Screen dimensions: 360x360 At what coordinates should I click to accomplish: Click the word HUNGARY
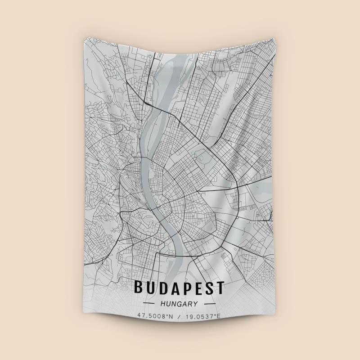pos(179,304)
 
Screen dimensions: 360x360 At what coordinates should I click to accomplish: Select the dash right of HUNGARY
pos(211,304)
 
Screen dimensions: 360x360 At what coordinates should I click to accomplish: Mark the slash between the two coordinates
pos(179,316)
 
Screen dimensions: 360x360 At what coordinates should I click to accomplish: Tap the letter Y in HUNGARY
pos(194,304)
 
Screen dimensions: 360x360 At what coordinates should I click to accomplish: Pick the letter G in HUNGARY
pos(179,304)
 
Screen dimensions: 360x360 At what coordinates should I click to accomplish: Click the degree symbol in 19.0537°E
pos(215,315)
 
